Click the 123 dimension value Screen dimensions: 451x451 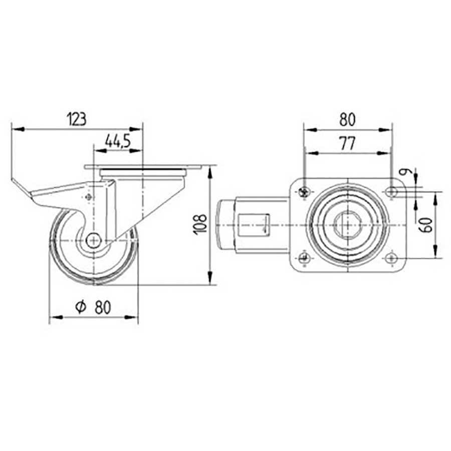(x=77, y=119)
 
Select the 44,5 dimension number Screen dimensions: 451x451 (x=118, y=141)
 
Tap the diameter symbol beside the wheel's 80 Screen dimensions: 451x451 (x=81, y=307)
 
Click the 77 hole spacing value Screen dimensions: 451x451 (x=347, y=144)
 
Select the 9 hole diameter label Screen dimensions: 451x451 (x=409, y=173)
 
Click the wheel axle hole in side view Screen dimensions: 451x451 (x=93, y=241)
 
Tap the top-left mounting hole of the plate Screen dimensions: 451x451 (x=303, y=191)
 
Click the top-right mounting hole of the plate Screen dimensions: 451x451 (x=391, y=191)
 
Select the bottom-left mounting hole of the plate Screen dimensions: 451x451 (x=303, y=258)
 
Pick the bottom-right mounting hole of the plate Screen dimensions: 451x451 (x=391, y=258)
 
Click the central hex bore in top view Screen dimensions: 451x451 (x=347, y=225)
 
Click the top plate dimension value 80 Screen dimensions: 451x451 (x=347, y=120)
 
